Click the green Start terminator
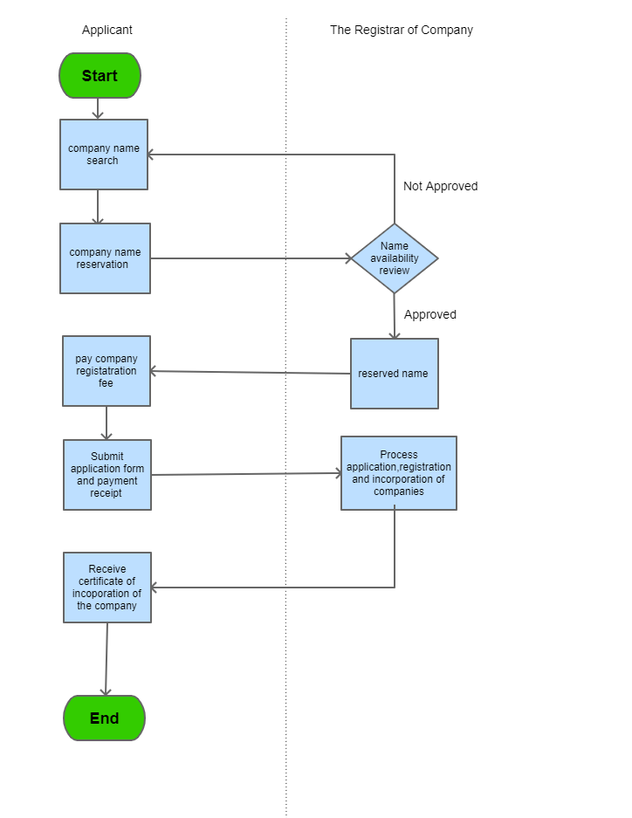[100, 76]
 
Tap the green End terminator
[104, 718]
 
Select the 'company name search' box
[103, 155]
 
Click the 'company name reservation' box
[105, 258]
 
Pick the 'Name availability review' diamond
[395, 258]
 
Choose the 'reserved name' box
[394, 374]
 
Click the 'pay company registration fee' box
[106, 371]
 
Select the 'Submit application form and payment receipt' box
[107, 475]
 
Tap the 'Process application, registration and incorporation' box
[398, 473]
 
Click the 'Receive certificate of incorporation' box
[107, 588]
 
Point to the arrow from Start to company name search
[98, 108]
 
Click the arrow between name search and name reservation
[98, 206]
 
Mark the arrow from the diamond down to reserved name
[395, 316]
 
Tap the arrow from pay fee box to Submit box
[106, 423]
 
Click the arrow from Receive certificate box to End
[106, 659]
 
